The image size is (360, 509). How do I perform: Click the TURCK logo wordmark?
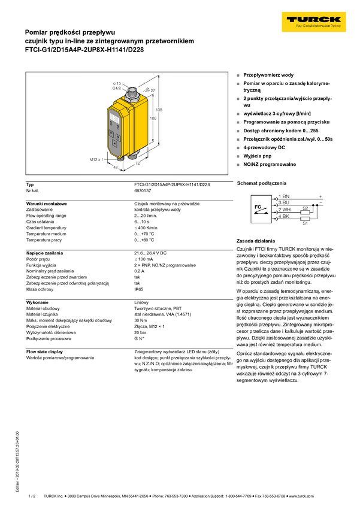(314, 20)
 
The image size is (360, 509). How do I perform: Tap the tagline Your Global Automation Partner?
(314, 27)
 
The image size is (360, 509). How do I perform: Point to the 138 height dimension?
(159, 110)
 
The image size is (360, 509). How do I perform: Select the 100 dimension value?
(153, 119)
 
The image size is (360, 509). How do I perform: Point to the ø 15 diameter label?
(117, 83)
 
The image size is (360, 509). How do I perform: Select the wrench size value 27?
(153, 90)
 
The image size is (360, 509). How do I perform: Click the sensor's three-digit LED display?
(113, 119)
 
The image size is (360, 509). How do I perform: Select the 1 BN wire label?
(285, 196)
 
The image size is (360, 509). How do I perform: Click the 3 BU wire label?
(285, 204)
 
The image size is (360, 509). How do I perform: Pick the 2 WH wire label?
(285, 211)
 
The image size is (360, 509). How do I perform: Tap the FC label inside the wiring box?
(258, 207)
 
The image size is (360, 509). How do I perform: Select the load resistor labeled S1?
(305, 219)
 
